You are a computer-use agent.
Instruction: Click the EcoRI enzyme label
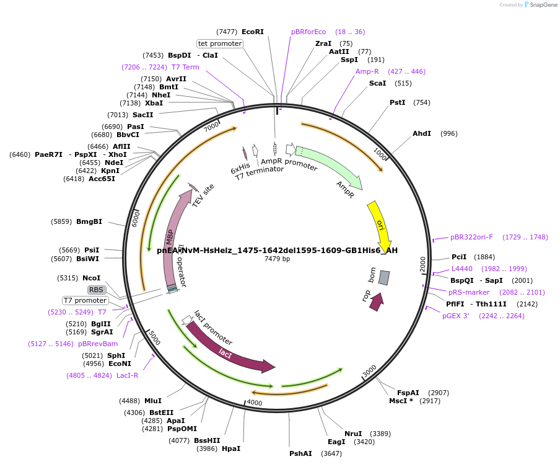[x=253, y=32]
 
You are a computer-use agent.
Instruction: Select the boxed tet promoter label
[x=220, y=43]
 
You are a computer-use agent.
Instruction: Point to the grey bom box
[x=384, y=277]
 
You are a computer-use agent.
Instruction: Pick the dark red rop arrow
[x=376, y=301]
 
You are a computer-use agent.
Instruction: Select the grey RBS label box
[x=96, y=290]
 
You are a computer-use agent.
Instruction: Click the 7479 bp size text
[x=277, y=259]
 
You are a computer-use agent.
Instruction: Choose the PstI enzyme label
[x=397, y=102]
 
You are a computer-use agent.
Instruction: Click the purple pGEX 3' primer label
[x=455, y=316]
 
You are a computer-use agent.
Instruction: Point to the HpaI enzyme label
[x=231, y=448]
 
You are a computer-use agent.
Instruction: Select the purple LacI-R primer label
[x=128, y=375]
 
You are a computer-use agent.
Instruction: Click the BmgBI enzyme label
[x=89, y=221]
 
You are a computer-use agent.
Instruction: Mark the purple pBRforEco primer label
[x=308, y=32]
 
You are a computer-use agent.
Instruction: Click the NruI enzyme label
[x=353, y=434]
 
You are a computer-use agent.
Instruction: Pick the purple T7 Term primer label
[x=185, y=67]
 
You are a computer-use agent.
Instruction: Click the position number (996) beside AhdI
[x=449, y=133]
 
